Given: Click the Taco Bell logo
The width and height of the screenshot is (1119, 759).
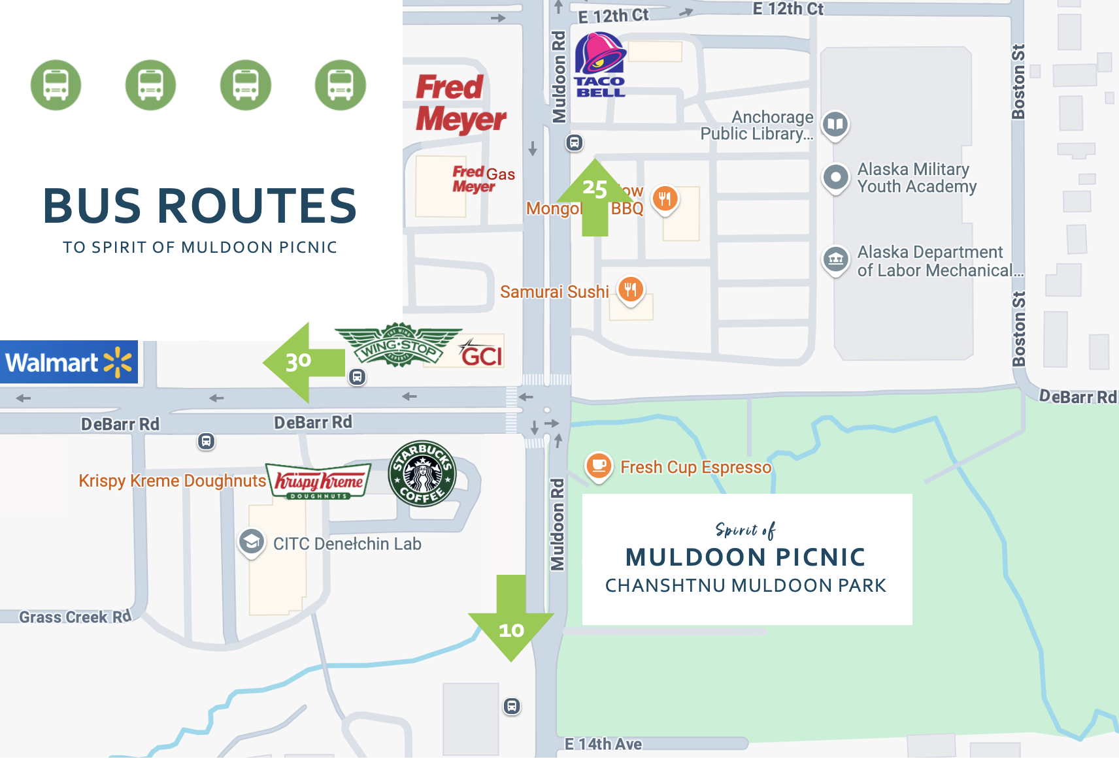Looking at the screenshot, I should coord(600,65).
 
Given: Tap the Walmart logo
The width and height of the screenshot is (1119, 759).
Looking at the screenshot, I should coord(69,362).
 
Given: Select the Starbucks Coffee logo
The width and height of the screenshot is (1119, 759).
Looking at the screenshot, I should coord(422,473).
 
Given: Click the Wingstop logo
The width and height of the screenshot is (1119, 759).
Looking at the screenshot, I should coord(398,344).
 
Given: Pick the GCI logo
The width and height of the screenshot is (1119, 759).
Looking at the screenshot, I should coord(481,354).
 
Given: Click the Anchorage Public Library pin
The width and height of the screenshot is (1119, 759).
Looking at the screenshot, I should coord(835,124).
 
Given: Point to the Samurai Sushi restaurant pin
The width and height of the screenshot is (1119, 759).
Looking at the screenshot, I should coord(630,289).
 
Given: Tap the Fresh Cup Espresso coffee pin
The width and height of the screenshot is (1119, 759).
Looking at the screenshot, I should coord(598,466).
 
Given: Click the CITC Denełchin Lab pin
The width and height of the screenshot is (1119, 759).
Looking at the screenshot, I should coord(252,541).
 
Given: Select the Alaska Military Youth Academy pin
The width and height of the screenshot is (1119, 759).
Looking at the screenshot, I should coord(835,177).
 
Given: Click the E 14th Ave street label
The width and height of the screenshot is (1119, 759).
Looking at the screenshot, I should coord(603,744).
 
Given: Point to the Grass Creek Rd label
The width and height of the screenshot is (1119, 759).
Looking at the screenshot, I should coord(75,617).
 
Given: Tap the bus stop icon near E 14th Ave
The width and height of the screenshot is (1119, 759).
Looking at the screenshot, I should coord(512,706).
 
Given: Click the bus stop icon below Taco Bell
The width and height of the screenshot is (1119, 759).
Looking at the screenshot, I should coord(574,142).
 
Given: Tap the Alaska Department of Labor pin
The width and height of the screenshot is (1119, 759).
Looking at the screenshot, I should coord(835,260).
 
